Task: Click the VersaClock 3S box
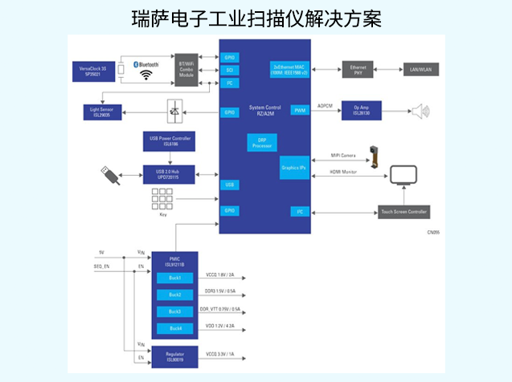click(x=92, y=70)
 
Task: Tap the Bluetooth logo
click(x=145, y=64)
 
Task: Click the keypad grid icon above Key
click(x=162, y=199)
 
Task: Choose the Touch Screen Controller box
click(x=403, y=211)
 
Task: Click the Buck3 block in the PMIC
click(x=175, y=311)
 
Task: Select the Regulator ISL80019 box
click(x=175, y=356)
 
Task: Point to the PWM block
click(x=298, y=110)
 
